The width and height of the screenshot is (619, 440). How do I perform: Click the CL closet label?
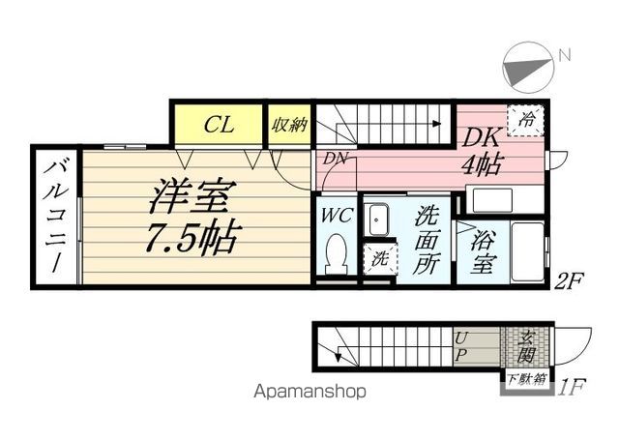tap(220, 125)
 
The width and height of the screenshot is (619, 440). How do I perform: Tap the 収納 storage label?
tap(289, 125)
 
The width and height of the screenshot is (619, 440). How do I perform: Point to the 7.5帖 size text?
tap(192, 238)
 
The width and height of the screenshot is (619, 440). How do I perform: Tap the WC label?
tap(337, 216)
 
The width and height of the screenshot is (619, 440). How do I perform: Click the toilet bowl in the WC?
tap(337, 253)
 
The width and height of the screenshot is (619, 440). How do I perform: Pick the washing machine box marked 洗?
tap(380, 259)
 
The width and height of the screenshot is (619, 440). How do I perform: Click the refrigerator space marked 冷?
tap(525, 120)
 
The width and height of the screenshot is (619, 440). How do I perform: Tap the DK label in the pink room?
tap(482, 137)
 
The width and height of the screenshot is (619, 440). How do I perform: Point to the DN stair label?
tap(336, 159)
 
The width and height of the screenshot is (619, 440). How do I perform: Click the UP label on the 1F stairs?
tap(460, 346)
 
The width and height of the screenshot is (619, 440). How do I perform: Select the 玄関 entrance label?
tap(526, 346)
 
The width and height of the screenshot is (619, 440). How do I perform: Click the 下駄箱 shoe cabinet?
tap(526, 380)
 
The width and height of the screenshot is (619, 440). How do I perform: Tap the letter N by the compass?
tap(565, 56)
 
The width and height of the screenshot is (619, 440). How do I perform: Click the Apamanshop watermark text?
tap(309, 392)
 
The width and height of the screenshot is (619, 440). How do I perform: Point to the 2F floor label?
tap(568, 281)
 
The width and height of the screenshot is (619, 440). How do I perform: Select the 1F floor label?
tap(572, 387)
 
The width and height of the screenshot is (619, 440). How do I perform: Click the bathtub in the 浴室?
tap(527, 252)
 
